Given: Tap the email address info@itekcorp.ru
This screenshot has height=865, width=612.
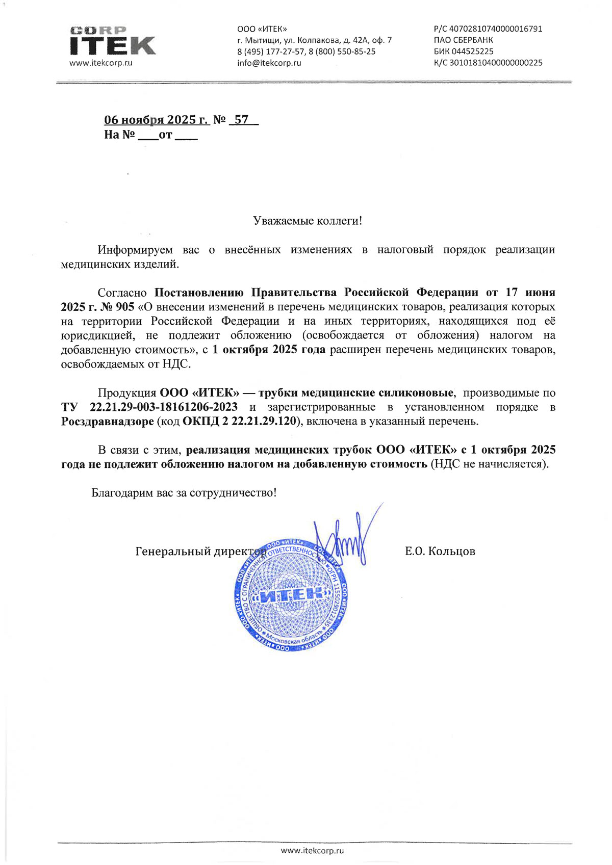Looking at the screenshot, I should coord(269,63).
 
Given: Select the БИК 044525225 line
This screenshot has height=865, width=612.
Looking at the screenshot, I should coord(464,51).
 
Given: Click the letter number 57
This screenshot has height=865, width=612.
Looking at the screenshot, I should coord(241,120).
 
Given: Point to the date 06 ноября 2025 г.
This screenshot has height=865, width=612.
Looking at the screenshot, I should coord(156,120).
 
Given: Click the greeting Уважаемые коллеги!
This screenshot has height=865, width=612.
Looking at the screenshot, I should coord(308,221).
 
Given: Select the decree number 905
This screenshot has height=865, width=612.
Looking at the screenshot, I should coord(125,307).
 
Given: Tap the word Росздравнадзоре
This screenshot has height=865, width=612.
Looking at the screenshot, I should coord(107,422).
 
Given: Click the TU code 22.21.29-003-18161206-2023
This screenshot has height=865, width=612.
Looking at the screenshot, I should coord(163,407).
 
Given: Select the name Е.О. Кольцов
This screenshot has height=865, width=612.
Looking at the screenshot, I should coord(440,552).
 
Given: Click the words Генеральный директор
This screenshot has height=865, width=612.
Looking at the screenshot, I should coord(200,552).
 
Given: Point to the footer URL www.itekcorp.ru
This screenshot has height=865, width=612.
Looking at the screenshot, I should coord(312,850).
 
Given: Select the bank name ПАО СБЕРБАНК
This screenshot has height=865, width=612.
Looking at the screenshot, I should coord(463,40).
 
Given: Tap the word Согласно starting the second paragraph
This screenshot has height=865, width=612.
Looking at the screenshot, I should coord(122,293).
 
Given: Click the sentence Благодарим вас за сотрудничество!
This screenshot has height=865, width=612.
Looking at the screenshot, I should coord(184,493).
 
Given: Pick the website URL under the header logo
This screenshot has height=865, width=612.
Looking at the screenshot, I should coord(100,63).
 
